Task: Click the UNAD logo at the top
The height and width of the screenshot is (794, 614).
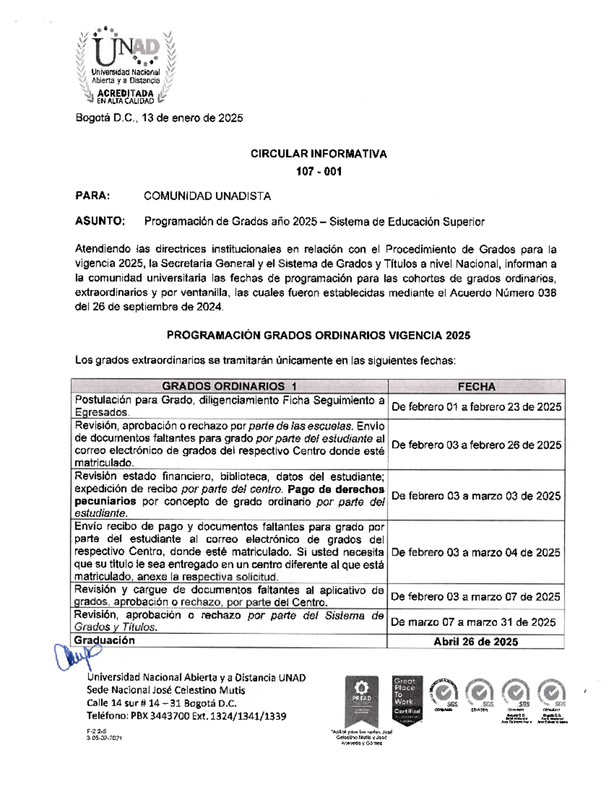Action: (125, 66)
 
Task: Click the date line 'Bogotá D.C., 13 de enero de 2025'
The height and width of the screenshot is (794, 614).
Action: (159, 118)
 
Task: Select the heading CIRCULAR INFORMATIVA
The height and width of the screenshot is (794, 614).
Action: (318, 154)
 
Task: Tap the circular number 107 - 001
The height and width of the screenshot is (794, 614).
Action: (318, 172)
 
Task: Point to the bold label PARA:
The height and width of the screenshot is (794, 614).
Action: (93, 196)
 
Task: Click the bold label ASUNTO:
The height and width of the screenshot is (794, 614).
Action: (100, 221)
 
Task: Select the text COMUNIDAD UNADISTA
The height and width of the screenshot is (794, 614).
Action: (207, 196)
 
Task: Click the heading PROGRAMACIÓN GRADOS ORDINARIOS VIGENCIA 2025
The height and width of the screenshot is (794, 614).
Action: (318, 335)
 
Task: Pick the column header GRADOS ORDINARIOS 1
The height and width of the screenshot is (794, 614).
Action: (229, 387)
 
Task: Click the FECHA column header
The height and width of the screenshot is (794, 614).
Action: (476, 387)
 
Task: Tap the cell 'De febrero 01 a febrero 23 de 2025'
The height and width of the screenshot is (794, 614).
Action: (476, 407)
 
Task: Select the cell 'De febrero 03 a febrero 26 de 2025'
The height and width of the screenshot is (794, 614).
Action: (476, 445)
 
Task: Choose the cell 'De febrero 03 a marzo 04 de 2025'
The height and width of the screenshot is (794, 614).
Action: (476, 552)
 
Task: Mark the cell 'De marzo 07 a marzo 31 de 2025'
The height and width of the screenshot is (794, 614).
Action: (473, 622)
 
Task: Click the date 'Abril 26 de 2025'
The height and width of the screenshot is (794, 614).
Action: (476, 642)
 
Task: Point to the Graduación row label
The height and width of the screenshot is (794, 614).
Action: (104, 641)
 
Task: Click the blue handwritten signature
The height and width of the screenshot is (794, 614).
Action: (77, 655)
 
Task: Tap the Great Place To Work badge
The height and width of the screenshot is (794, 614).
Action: (407, 699)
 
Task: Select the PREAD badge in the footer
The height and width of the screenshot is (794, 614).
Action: (362, 699)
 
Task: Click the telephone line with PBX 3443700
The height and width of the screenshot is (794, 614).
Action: (186, 716)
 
